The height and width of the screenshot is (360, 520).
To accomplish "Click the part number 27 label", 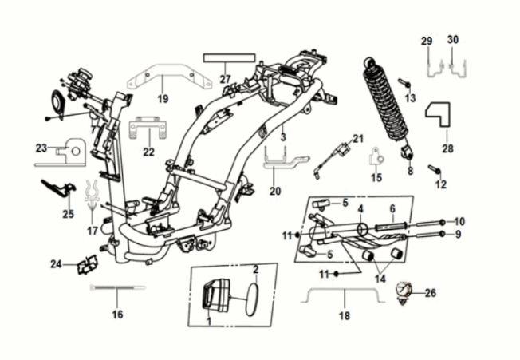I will pos(225,79).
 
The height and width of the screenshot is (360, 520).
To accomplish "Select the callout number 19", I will pos(163,99).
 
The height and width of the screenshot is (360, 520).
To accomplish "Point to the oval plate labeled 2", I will pos(250,297).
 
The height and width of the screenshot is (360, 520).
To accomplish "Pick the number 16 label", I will pos(117,315).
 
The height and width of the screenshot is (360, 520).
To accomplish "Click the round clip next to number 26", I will pos(408,291).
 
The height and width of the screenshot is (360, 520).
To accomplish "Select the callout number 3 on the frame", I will pos(282,138).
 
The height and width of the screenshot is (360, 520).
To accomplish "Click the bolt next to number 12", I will pos(435,168).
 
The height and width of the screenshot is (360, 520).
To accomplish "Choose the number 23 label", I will pos(41,148).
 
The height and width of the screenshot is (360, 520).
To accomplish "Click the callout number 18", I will pos(344,316).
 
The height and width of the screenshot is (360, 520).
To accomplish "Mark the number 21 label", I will pos(357,138).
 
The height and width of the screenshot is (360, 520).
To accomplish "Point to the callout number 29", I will pos(427,41).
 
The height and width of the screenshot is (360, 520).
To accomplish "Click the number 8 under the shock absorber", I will pos(411,171).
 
